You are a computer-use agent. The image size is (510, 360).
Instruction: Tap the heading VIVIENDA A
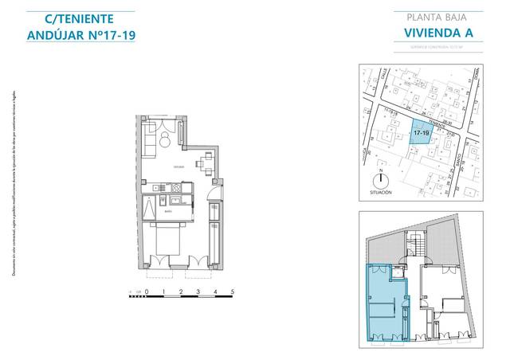(x=433, y=33)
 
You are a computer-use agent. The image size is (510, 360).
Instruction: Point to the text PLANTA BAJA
(x=433, y=17)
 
